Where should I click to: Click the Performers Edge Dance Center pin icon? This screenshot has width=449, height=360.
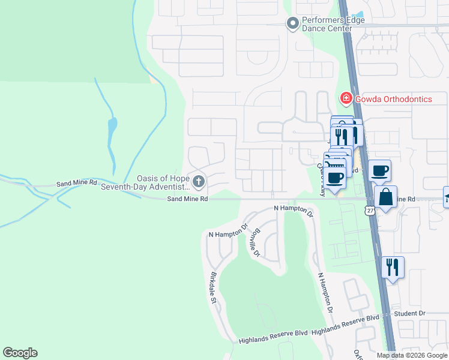pos(292,24)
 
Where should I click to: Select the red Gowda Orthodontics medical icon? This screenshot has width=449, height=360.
pos(345,98)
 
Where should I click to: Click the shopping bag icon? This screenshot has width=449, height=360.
pos(385,197)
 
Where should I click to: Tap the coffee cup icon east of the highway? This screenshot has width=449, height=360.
pos(380,170)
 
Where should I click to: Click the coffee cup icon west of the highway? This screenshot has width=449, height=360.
pos(336,177)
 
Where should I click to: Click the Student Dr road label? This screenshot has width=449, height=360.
pos(409,314)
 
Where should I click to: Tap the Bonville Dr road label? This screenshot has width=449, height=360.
pos(256,242)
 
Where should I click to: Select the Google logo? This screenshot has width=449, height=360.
pos(20,353)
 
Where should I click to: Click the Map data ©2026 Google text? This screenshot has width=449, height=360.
pos(412,355)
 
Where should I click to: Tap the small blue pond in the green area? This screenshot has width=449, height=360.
pos(112,128)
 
